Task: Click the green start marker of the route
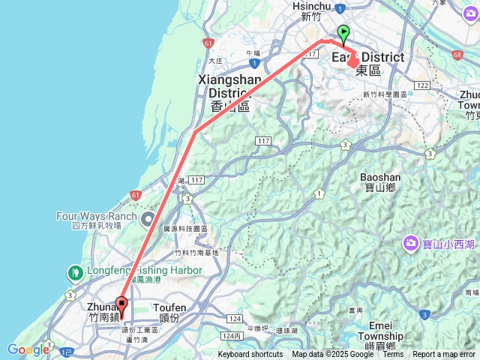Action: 343,32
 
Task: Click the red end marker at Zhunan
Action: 121,305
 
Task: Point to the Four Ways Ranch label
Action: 97,217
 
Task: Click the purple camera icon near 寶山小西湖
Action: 411,242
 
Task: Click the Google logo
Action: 28,349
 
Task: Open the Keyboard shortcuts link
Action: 250,355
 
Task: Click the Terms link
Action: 393,355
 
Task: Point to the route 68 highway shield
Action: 458,54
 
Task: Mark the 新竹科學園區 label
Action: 384,94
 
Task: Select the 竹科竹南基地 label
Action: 196,253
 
